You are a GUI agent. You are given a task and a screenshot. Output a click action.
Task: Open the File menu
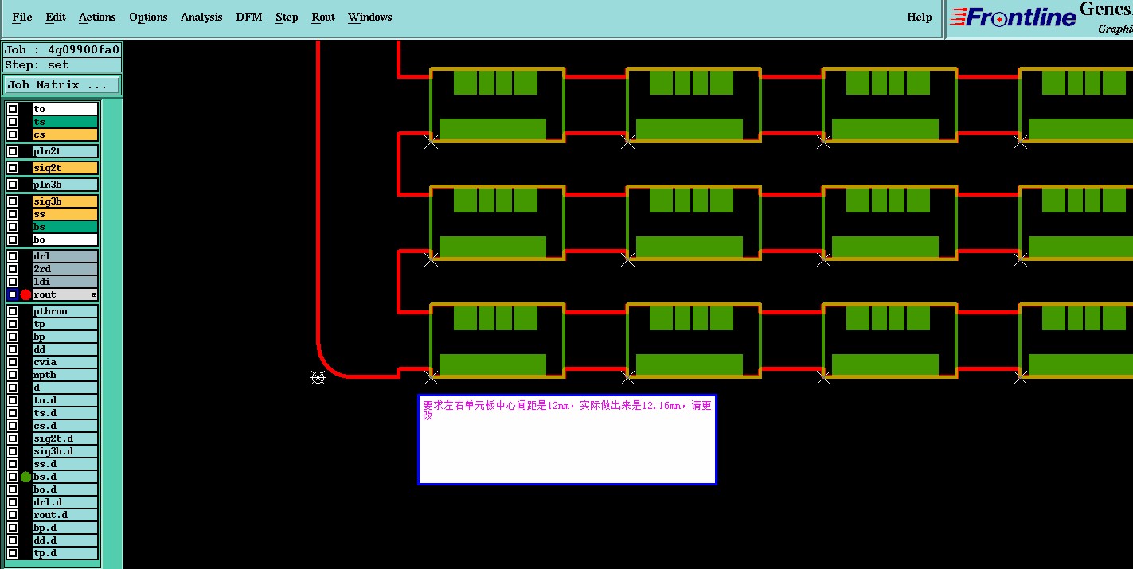22,17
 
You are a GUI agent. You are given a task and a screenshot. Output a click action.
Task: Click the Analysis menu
201,17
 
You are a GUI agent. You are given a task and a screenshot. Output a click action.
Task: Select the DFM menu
249,17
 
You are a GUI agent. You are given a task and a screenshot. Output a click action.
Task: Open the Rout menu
323,17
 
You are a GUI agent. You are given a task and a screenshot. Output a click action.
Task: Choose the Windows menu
369,17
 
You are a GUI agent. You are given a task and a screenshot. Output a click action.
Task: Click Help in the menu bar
919,17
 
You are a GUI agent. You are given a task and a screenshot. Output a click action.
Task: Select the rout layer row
64,294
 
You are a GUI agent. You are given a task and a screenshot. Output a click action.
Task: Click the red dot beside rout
25,294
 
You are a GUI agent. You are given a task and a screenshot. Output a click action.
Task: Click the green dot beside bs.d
25,477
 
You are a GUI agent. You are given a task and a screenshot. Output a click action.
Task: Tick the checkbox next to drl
13,256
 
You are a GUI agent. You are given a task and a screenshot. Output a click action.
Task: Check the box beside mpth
13,375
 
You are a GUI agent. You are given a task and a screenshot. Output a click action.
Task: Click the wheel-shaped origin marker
318,377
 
